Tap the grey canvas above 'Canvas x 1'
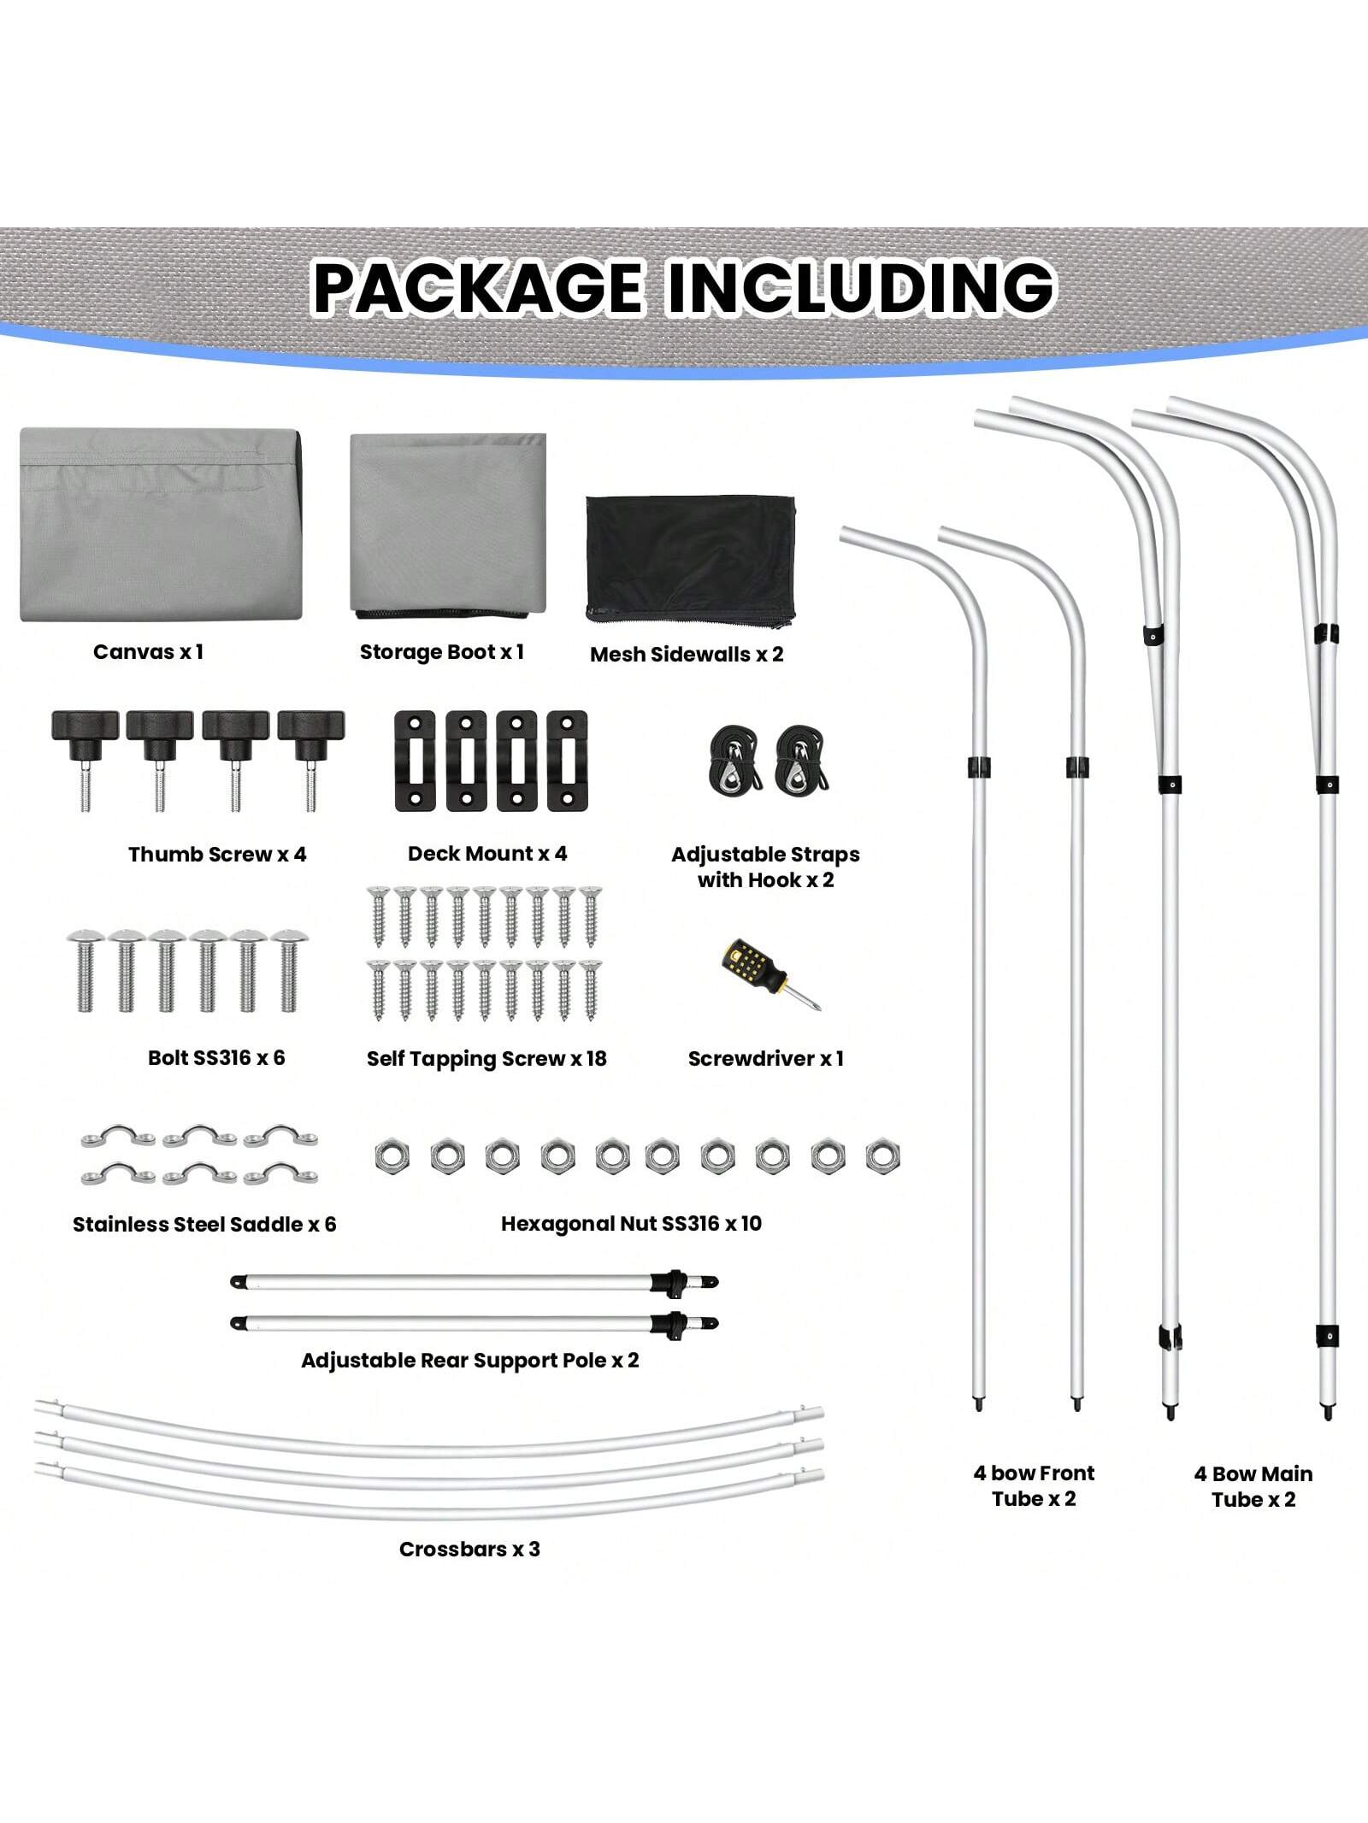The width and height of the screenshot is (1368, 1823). point(161,526)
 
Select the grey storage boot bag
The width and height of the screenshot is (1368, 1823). point(448,524)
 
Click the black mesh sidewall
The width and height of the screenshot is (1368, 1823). point(690,558)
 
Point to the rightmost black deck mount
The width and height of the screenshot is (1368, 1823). point(567,760)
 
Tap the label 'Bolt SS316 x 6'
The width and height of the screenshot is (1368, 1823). point(216,1057)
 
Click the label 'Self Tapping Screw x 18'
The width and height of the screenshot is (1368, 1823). point(486,1058)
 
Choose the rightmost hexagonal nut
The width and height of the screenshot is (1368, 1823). point(882,1156)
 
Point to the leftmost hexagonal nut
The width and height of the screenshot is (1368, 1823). point(392,1156)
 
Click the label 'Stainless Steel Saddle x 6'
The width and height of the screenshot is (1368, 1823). point(204,1224)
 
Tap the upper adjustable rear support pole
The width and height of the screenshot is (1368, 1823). point(475,1281)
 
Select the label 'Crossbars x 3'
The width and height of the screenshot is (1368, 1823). point(469,1549)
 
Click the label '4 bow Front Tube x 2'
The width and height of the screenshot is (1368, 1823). point(1034,1485)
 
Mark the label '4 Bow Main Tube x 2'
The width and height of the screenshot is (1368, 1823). point(1253,1486)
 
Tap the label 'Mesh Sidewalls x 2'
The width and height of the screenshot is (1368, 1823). point(687,654)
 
